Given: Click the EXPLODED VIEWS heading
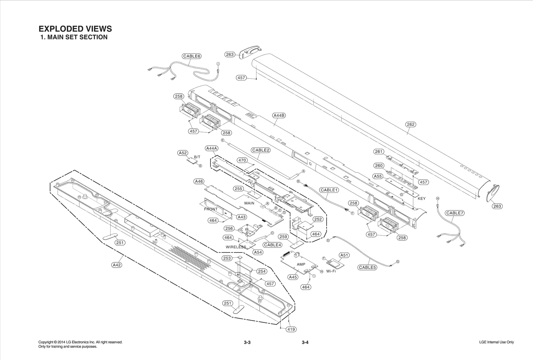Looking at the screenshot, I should coord(75,29).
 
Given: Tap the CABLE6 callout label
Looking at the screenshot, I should coord(192,56).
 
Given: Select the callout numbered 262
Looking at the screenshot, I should coord(410,124).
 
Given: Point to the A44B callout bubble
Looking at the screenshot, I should coord(279,116).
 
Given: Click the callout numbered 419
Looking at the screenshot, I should coord(291,329).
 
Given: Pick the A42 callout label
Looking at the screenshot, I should coord(117,265).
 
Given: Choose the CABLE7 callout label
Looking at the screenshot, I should coord(455,213).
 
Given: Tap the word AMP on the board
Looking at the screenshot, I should coord(301,264).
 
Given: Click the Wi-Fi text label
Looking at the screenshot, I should coord(331,271).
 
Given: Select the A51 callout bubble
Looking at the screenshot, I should coord(344,255).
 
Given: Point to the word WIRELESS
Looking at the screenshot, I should coord(236,247).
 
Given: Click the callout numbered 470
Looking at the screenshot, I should coord(242,160).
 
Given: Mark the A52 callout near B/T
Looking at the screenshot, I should coord(182,153).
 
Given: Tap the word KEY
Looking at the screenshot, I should coord(421,199).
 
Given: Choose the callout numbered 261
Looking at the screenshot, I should coord(379,152).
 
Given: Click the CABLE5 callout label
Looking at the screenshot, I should coord(367,267).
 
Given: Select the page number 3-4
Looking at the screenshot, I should coord(305,342).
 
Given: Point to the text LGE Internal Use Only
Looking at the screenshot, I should coord(496,342).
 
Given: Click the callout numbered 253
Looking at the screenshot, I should coord(227,258).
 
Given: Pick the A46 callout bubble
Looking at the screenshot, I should coord(199,182).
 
